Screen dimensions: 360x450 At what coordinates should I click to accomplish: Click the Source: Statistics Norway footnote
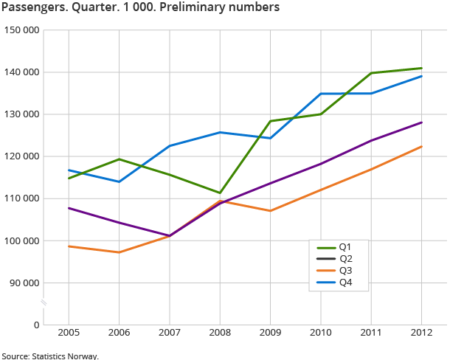[49, 356]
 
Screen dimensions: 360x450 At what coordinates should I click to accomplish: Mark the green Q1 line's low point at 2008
[220, 193]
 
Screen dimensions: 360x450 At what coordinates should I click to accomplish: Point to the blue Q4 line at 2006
[119, 181]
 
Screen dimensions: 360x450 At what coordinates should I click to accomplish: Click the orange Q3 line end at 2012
[421, 146]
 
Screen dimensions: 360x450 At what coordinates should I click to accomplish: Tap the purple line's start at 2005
[69, 208]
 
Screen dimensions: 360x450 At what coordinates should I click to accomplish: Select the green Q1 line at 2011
[371, 73]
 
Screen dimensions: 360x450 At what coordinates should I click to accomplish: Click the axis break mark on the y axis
[44, 303]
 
